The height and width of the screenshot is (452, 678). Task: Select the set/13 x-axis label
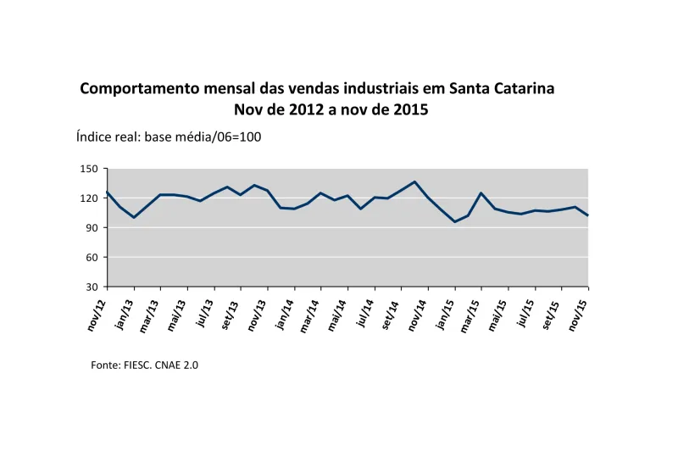[229, 313]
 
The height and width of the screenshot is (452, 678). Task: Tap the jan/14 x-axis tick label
[282, 313]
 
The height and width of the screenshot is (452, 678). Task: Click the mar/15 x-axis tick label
[470, 313]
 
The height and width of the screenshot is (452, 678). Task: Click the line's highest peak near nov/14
[414, 181]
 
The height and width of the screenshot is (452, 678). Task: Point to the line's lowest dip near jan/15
[455, 222]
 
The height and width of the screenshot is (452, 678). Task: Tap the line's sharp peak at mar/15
[481, 193]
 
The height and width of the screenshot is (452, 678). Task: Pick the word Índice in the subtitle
[96, 137]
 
